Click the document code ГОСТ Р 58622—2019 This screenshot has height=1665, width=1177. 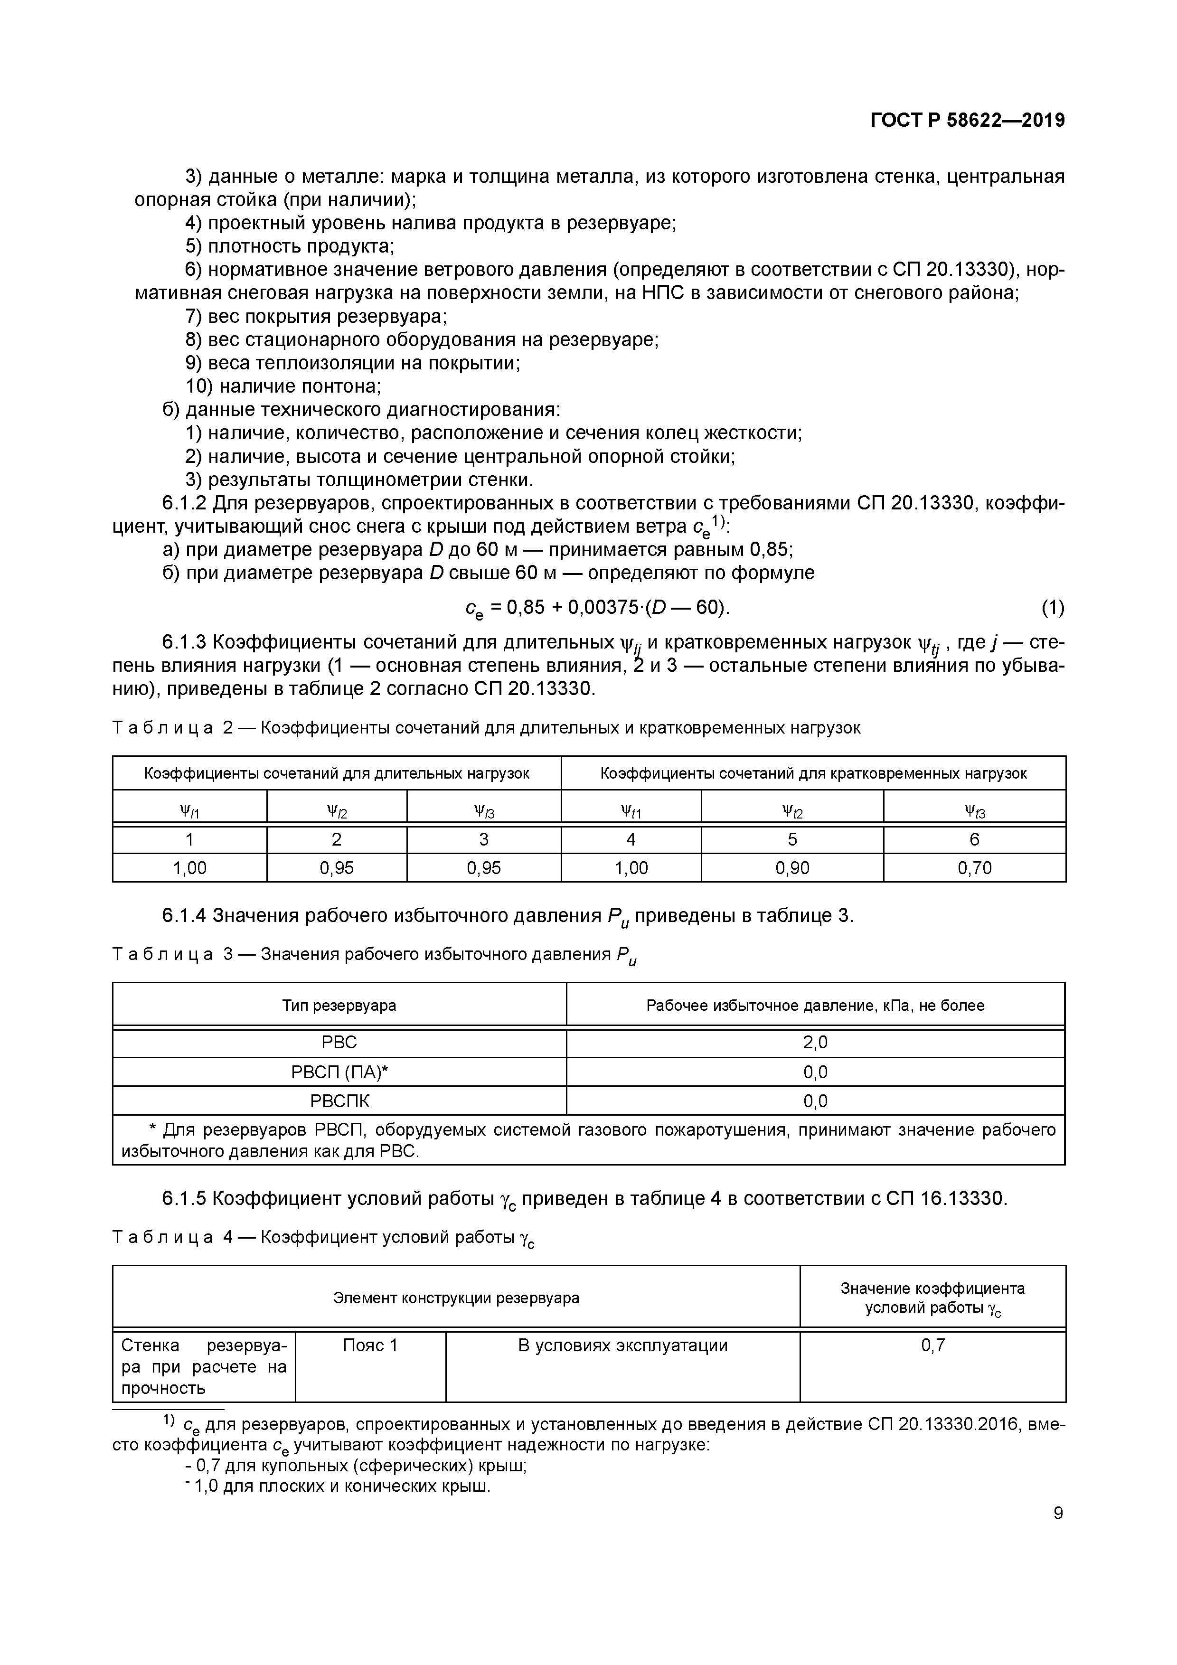[968, 121]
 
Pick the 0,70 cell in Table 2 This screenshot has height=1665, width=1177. [974, 868]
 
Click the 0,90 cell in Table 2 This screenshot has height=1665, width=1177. [792, 868]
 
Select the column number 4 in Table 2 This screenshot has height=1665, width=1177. [631, 840]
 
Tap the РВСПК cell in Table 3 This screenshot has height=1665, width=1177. [339, 1101]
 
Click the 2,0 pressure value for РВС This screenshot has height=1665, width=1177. [815, 1043]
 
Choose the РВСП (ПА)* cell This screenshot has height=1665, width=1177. [339, 1072]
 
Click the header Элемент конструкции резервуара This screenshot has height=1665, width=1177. [456, 1298]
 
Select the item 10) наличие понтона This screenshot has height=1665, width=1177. [283, 386]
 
